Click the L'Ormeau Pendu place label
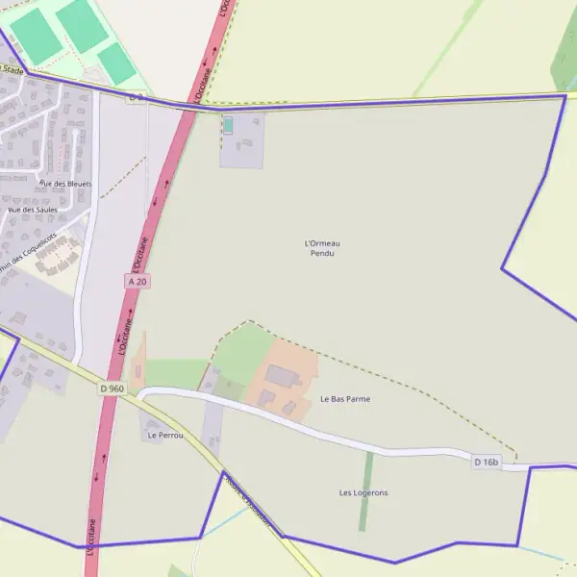tap(322, 248)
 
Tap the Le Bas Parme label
tap(344, 398)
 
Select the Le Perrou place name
tap(165, 436)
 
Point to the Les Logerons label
tap(364, 492)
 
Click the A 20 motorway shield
tap(138, 281)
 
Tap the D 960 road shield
tap(112, 389)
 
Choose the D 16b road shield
tap(487, 463)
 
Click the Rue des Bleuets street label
tap(65, 183)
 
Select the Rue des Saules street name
tap(33, 209)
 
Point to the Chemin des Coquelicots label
tap(29, 252)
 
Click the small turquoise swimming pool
tap(228, 125)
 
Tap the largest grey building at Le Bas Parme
tap(283, 376)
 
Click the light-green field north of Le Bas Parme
tap(242, 351)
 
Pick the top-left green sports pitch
tap(37, 34)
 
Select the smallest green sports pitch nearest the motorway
tap(116, 63)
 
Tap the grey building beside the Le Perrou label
tap(154, 421)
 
